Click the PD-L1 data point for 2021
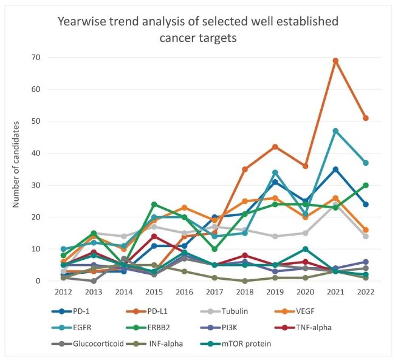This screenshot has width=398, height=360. click(335, 61)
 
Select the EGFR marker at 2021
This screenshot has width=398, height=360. click(335, 131)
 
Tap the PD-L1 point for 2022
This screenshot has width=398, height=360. click(366, 118)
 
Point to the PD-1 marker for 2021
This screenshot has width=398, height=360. click(335, 169)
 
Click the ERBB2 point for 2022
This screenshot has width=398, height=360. click(366, 185)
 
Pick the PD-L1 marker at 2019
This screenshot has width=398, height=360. click(275, 147)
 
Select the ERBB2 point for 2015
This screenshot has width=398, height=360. click(154, 204)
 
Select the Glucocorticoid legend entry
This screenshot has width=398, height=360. click(98, 344)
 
